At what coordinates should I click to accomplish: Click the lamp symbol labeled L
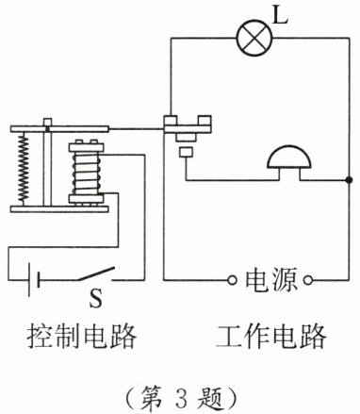coord(254,38)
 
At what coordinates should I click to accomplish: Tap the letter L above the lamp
coord(280,15)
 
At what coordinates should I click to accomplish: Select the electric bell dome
coord(289,157)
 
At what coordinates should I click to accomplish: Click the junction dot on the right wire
coord(348,180)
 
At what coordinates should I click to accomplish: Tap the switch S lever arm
coord(95,274)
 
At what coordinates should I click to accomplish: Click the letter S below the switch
coord(95,298)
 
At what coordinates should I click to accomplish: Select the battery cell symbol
coord(34,279)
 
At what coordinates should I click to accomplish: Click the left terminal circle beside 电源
coord(232,280)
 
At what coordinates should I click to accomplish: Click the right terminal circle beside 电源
coord(308,280)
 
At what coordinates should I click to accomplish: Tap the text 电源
coord(270,279)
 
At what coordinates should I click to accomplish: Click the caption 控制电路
coord(82,336)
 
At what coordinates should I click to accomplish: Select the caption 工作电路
coord(271,336)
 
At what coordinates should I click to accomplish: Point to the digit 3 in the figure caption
coord(182,397)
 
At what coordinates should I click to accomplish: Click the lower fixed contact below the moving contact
coord(187,152)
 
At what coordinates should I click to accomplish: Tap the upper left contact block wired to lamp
coord(171,121)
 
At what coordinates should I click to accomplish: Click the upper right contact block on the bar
coord(205,121)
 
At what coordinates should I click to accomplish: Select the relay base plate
coord(59,209)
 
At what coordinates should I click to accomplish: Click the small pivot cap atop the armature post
coord(47,122)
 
